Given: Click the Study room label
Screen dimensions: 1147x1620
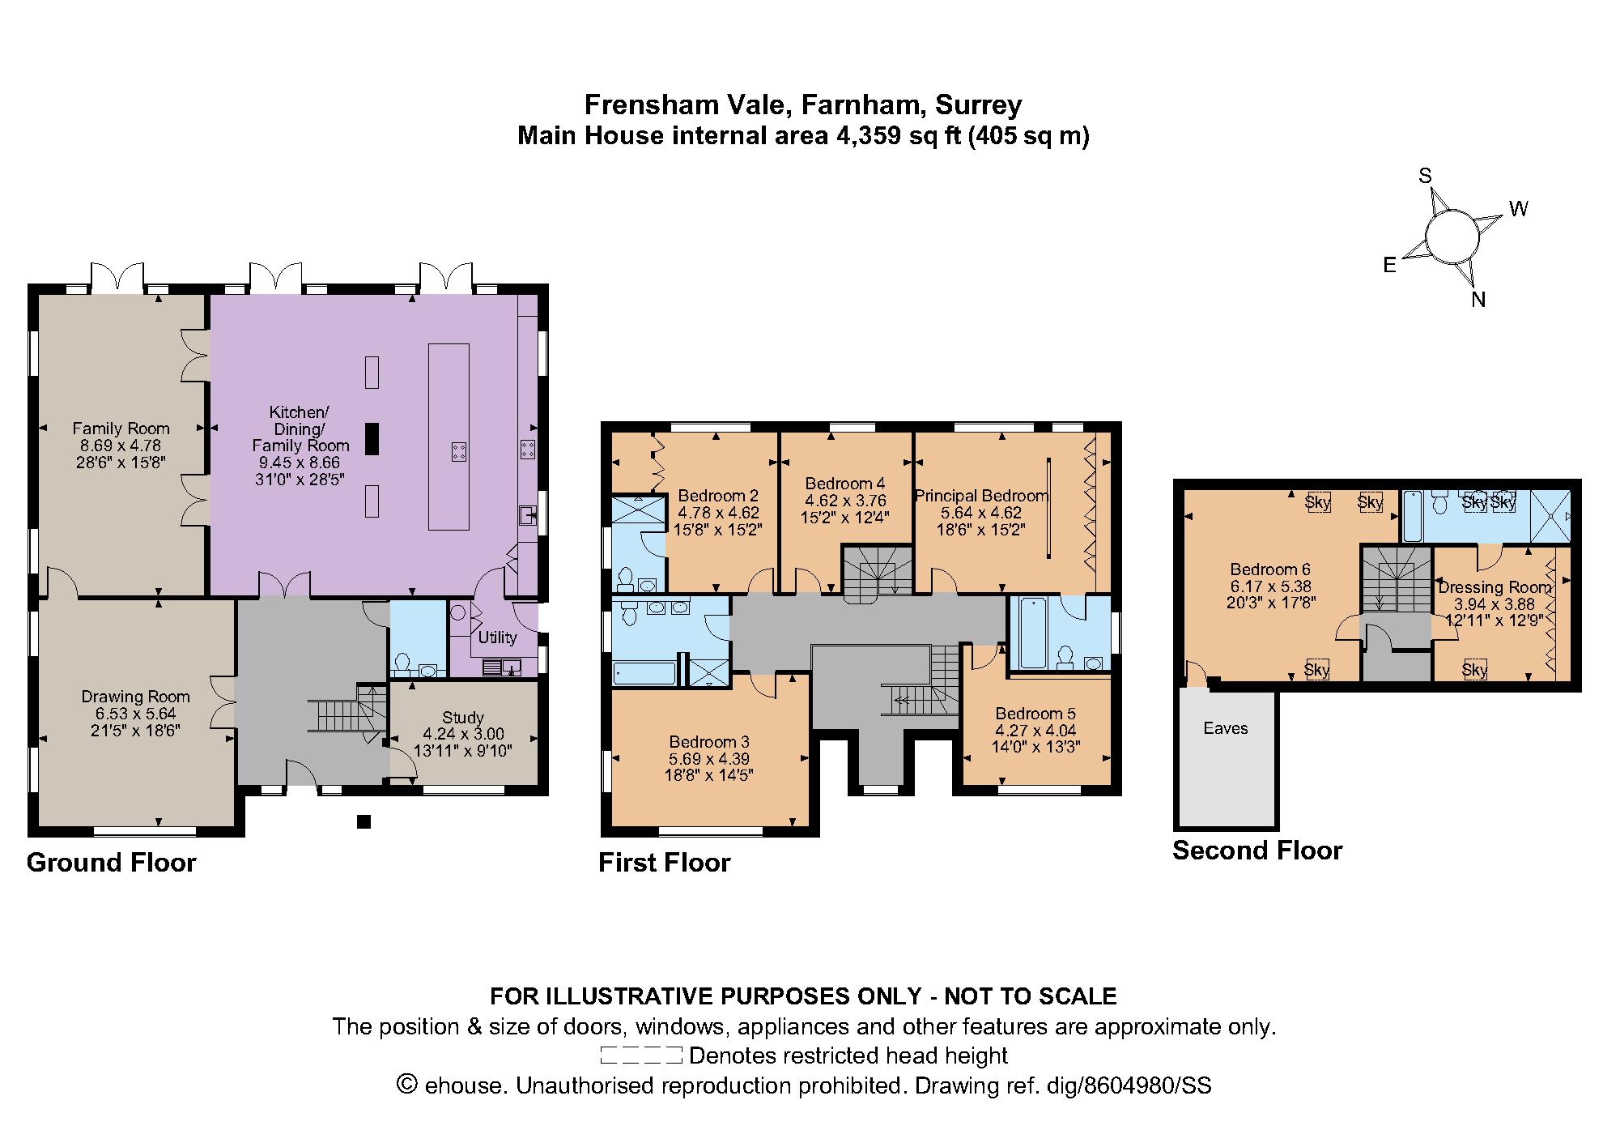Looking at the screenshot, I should (462, 717).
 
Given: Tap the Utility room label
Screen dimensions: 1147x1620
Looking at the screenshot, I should (497, 637).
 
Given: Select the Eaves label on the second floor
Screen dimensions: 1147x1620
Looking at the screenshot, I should (1225, 728).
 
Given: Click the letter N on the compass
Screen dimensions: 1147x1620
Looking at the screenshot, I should (1478, 300).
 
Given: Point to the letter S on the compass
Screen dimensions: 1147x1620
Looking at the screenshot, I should (1425, 177).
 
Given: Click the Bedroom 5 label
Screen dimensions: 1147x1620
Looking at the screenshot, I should (1035, 714).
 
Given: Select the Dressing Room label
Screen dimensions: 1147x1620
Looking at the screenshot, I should (1495, 587).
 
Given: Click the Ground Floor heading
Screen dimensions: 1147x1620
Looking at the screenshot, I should (112, 863).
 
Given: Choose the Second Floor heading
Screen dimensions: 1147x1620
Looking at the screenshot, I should (1256, 851).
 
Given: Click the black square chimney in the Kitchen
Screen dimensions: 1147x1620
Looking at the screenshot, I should (372, 438).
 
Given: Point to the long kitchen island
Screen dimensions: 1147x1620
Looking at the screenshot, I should (449, 437).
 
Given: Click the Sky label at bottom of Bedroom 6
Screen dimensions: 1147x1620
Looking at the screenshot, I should (1316, 670).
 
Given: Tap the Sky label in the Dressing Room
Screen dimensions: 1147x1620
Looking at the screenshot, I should (1474, 670).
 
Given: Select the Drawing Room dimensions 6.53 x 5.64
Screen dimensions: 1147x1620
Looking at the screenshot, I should (135, 714).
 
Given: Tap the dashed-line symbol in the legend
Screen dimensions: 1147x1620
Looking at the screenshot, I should (641, 1055).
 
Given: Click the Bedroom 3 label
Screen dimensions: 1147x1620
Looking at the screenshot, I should (708, 742).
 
